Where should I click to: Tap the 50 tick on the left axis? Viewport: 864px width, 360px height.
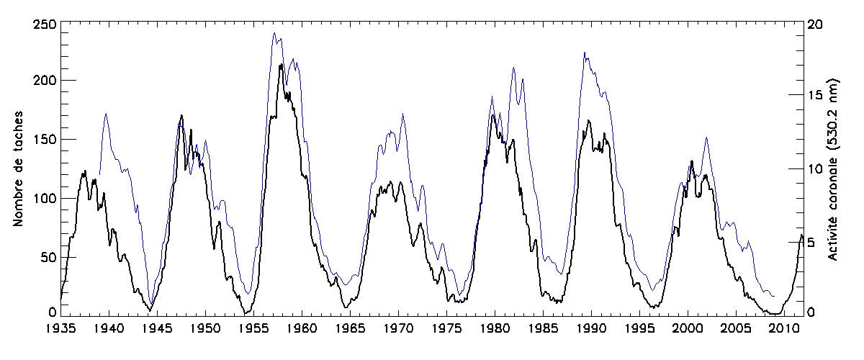(46, 256)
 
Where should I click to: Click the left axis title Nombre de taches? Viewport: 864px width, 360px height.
(19, 168)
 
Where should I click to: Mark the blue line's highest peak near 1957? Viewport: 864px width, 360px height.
(274, 32)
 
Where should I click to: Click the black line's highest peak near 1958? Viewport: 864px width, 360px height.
(281, 65)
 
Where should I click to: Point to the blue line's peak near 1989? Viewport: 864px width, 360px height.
(585, 52)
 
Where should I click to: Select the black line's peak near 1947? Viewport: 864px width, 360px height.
(181, 115)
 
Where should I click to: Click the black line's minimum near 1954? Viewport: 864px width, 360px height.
(246, 313)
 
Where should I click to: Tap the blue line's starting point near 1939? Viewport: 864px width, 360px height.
(99, 174)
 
